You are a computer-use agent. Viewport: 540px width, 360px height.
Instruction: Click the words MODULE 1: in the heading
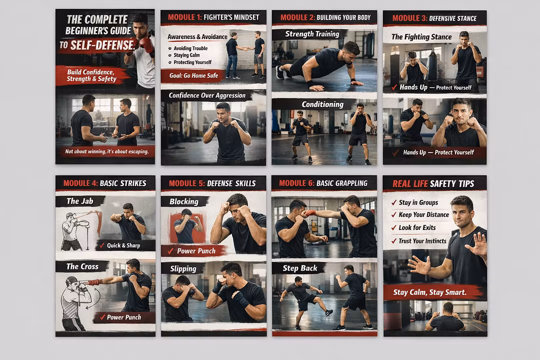(x=184, y=17)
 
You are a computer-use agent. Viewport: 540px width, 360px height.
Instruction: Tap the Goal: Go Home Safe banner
(x=193, y=76)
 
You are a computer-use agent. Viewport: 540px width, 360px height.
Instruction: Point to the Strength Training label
(x=312, y=34)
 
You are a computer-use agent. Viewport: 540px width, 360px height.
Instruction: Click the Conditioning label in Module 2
(x=322, y=104)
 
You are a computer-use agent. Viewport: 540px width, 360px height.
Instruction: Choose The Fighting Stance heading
(x=421, y=37)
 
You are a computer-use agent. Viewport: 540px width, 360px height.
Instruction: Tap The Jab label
(x=79, y=201)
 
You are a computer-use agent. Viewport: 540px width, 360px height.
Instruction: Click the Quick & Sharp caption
(x=123, y=245)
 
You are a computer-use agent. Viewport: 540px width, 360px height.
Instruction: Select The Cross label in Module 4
(x=82, y=266)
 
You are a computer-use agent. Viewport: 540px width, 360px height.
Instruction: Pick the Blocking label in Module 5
(x=184, y=201)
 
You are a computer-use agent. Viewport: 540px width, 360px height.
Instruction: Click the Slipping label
(x=183, y=268)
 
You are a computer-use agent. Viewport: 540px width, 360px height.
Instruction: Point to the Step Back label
(x=300, y=268)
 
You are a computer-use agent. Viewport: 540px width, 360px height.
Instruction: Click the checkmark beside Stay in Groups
(x=394, y=202)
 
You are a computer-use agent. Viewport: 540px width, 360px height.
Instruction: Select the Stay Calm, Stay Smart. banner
(x=430, y=292)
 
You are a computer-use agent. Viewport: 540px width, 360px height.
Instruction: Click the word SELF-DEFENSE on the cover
(x=102, y=45)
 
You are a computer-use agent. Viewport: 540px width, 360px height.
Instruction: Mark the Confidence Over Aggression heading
(x=207, y=95)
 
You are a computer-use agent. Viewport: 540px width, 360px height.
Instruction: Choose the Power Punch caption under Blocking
(x=196, y=251)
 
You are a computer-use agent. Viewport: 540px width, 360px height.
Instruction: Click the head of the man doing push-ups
(x=351, y=50)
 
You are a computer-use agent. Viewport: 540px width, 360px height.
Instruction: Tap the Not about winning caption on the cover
(x=107, y=151)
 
